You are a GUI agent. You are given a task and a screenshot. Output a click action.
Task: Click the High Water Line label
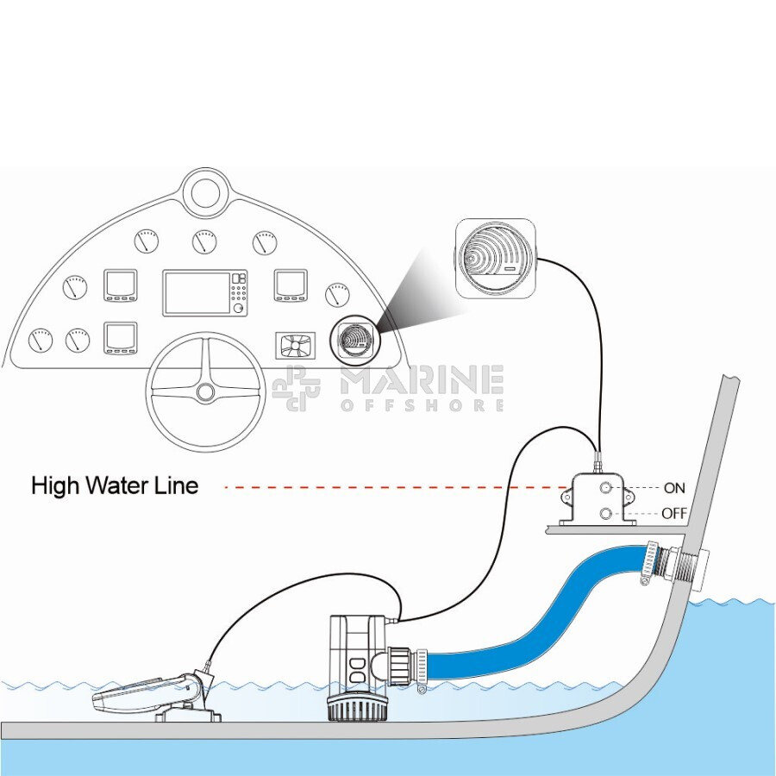(x=115, y=485)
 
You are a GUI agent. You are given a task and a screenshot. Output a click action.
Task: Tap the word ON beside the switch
(x=674, y=488)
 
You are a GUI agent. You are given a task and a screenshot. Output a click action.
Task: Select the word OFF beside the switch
(x=674, y=514)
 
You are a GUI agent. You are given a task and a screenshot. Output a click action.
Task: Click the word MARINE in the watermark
(x=422, y=380)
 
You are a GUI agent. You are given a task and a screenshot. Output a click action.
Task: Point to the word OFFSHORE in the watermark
(x=422, y=405)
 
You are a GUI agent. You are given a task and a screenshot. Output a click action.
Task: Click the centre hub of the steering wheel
(x=205, y=392)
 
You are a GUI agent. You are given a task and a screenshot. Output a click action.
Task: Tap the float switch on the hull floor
(x=151, y=692)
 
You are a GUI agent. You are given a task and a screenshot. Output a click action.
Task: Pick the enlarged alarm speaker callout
(x=491, y=256)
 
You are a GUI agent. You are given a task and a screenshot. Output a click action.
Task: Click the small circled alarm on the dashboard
(x=354, y=338)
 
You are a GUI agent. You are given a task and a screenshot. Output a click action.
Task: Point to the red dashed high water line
(x=388, y=488)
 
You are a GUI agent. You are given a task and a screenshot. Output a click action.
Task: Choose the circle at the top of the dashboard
(x=205, y=191)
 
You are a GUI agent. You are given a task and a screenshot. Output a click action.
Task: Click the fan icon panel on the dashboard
(x=296, y=346)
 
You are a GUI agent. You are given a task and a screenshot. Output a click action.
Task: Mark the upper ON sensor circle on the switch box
(x=606, y=489)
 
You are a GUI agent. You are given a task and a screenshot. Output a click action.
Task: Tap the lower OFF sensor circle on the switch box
(x=606, y=514)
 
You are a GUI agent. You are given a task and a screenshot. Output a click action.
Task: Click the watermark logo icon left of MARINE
(x=296, y=388)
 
